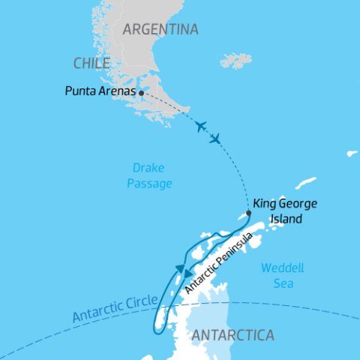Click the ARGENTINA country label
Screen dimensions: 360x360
(160, 30)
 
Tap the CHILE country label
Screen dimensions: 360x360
(92, 63)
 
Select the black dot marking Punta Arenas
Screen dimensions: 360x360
(141, 94)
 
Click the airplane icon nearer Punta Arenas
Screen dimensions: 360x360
(199, 126)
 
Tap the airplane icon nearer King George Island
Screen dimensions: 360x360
(216, 139)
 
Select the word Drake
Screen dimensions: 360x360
(150, 168)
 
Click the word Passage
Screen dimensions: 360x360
(150, 183)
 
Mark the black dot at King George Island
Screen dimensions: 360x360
(249, 212)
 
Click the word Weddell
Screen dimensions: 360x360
(280, 268)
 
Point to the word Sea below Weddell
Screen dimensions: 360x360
(283, 284)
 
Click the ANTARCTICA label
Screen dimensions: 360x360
(233, 335)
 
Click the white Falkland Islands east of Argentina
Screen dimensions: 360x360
(236, 60)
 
